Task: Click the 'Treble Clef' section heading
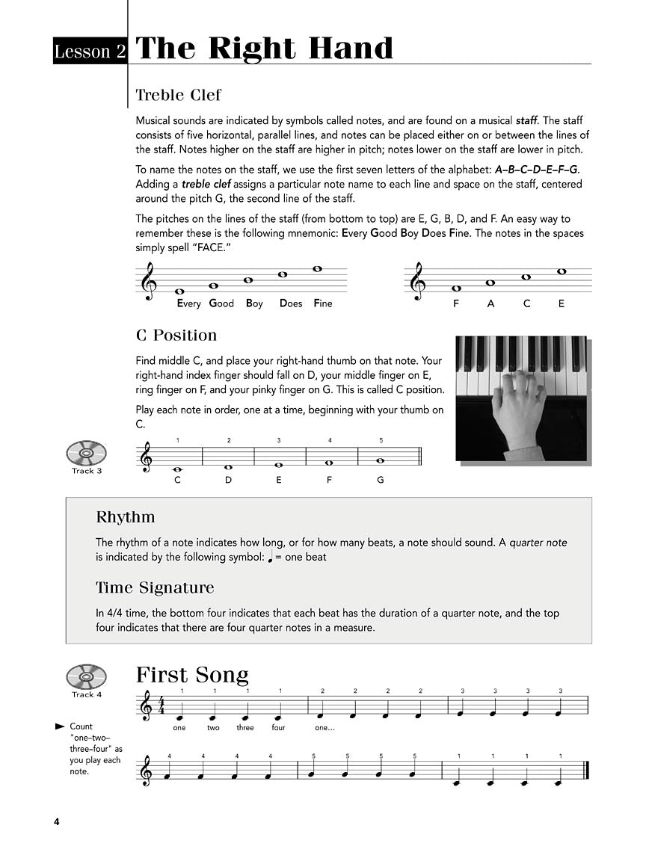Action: click(x=178, y=95)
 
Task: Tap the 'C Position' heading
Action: click(x=176, y=335)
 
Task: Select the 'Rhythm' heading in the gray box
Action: click(x=126, y=516)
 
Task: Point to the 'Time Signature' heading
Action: click(x=155, y=587)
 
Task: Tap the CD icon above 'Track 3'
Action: click(x=87, y=452)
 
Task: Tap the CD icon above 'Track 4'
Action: click(x=87, y=676)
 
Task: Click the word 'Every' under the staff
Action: click(x=189, y=303)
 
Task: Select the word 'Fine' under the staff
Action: click(x=323, y=303)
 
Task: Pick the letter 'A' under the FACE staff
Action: click(x=491, y=303)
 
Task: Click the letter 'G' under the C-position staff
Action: click(x=380, y=480)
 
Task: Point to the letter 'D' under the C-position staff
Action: click(x=229, y=480)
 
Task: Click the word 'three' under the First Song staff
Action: click(x=245, y=727)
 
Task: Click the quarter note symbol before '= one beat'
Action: click(x=270, y=558)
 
